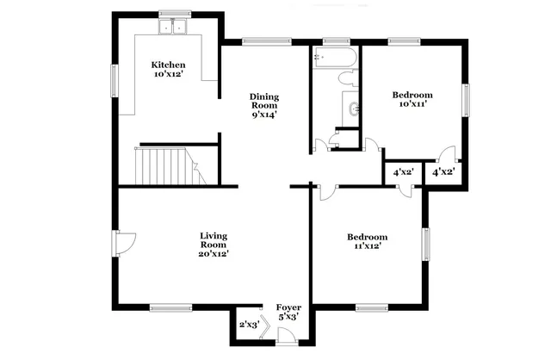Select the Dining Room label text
coord(264,103)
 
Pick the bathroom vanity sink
coord(353,109)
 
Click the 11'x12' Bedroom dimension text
coord(367,245)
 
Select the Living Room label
coord(214,244)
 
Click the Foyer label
coord(288,312)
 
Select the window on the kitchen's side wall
coord(114,80)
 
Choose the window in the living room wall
coord(170,307)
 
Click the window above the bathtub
coord(335,40)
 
